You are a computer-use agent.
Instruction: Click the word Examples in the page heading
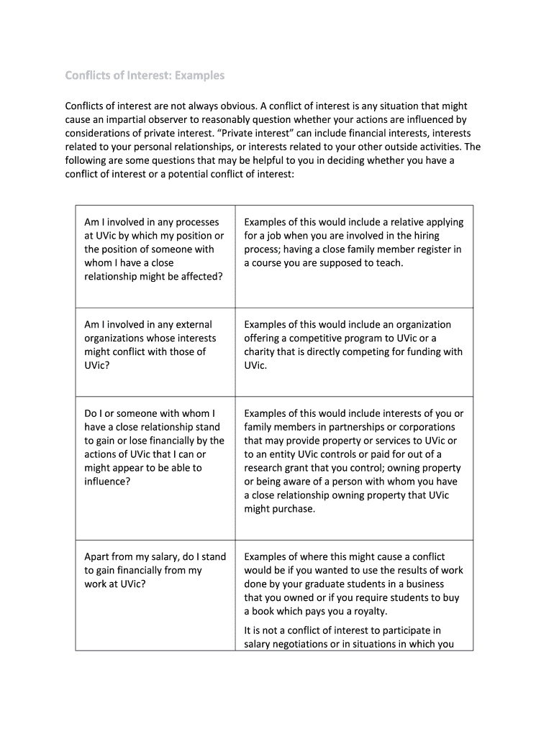pos(196,75)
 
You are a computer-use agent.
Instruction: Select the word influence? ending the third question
pos(107,482)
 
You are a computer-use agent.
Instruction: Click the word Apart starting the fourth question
pos(99,557)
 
